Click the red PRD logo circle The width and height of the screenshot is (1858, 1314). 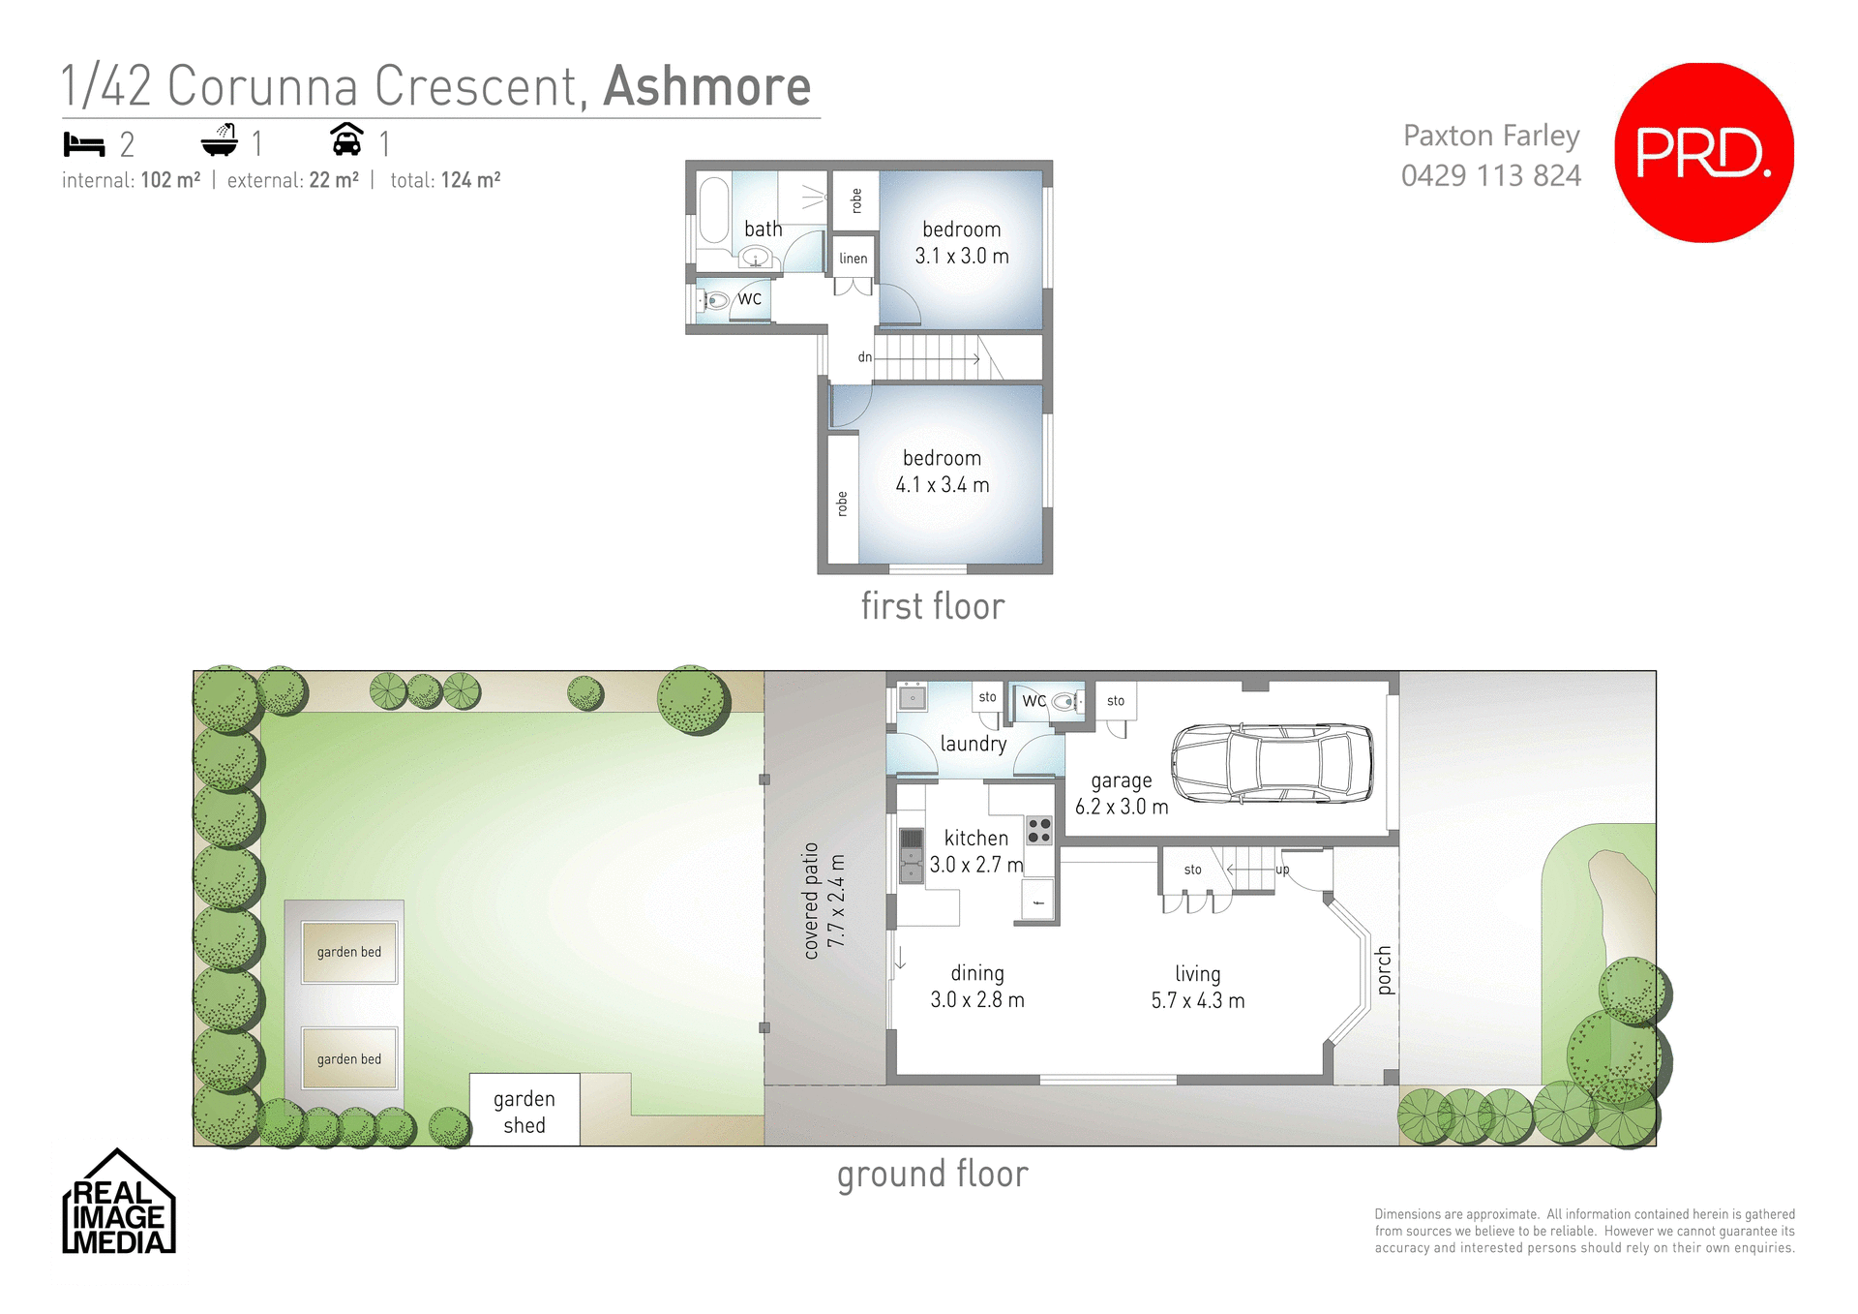click(1703, 153)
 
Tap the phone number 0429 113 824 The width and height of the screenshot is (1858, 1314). click(1490, 175)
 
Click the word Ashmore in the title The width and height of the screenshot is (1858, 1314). click(706, 87)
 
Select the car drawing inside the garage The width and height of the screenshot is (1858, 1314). click(1272, 763)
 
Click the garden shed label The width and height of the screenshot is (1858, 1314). click(524, 1112)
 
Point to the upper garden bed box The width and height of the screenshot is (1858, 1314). click(349, 952)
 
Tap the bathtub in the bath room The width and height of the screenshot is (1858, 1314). click(714, 208)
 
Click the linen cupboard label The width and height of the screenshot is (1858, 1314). click(853, 259)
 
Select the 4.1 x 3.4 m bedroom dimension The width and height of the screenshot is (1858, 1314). click(942, 485)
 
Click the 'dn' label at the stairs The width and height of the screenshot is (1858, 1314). click(864, 357)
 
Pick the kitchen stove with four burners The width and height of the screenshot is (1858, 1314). click(1039, 830)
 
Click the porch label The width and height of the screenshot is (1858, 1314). click(1384, 970)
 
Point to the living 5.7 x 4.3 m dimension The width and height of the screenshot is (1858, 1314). click(1197, 1000)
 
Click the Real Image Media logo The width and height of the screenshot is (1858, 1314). click(118, 1204)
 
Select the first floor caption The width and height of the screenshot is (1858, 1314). click(932, 607)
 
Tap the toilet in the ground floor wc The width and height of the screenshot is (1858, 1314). click(1064, 702)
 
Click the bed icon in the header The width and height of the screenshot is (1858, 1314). click(84, 144)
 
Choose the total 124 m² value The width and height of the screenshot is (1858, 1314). click(470, 180)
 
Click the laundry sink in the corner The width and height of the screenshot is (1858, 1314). click(912, 697)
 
